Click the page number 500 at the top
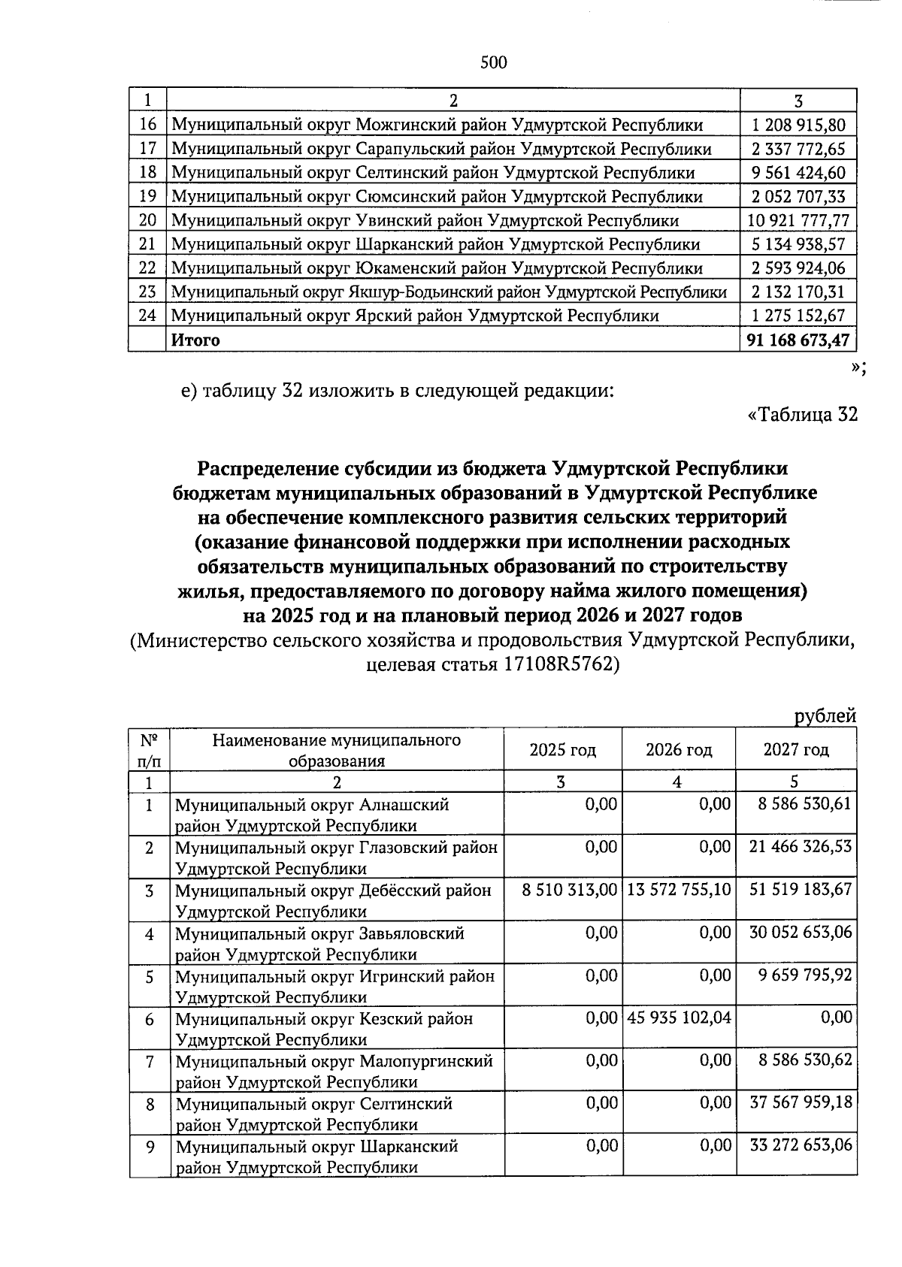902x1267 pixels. pyautogui.click(x=494, y=62)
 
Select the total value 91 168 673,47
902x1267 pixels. pyautogui.click(x=798, y=340)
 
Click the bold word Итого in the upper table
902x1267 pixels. pyautogui.click(x=196, y=340)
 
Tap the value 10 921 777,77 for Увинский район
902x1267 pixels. pyautogui.click(x=798, y=221)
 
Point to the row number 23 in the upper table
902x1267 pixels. pyautogui.click(x=147, y=292)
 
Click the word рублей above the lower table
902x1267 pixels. pyautogui.click(x=825, y=716)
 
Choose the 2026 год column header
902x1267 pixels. pyautogui.click(x=679, y=750)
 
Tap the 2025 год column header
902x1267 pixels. pyautogui.click(x=563, y=750)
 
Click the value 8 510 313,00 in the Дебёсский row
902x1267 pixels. pyautogui.click(x=570, y=890)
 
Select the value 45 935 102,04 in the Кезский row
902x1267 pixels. pyautogui.click(x=678, y=1018)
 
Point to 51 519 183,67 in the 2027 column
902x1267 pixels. pyautogui.click(x=801, y=890)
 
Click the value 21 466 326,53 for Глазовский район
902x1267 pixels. pyautogui.click(x=801, y=847)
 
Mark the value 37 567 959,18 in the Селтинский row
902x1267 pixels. pyautogui.click(x=801, y=1102)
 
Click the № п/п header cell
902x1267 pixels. pyautogui.click(x=149, y=750)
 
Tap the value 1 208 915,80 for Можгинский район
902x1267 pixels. pyautogui.click(x=798, y=125)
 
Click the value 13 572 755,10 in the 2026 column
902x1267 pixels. pyautogui.click(x=678, y=890)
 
